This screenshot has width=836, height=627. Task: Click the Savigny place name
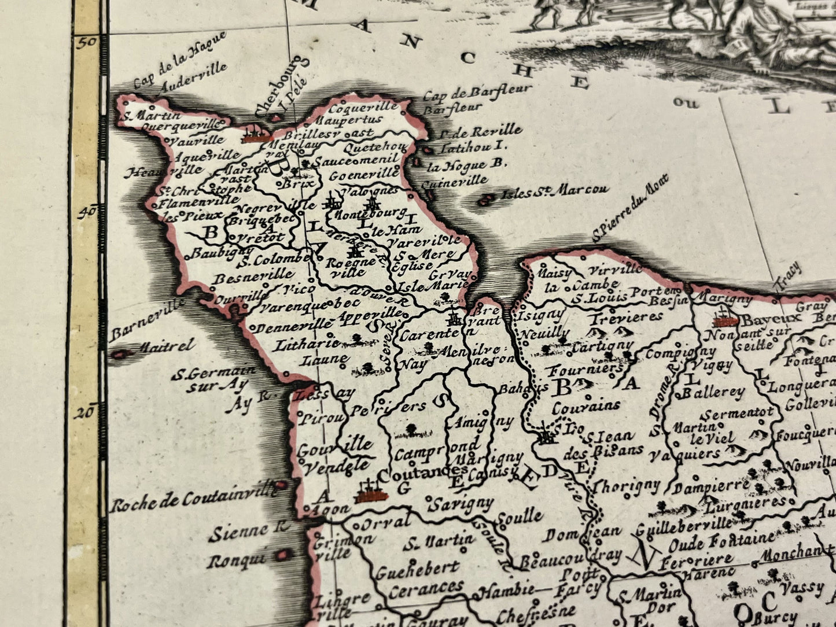(461, 503)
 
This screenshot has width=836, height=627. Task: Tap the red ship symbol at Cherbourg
(255, 135)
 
